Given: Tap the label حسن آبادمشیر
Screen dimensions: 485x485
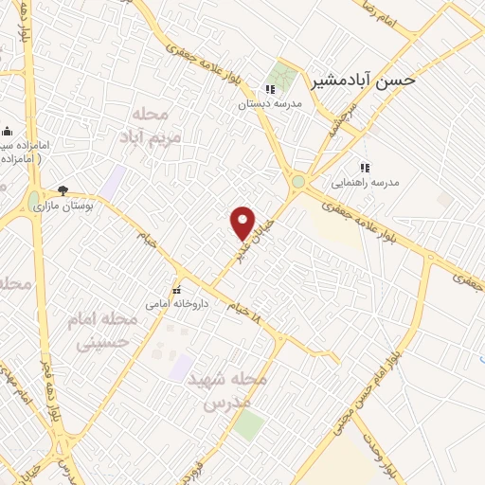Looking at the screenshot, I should click(x=364, y=81).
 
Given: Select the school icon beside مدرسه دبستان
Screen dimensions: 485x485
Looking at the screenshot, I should click(x=271, y=89).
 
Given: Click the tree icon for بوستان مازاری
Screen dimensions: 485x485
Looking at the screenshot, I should click(x=63, y=189).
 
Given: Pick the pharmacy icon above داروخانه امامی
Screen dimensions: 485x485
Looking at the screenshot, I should click(x=175, y=290).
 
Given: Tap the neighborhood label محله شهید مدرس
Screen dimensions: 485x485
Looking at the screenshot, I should click(x=227, y=389).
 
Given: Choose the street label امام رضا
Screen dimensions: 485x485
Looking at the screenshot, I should click(x=380, y=12).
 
